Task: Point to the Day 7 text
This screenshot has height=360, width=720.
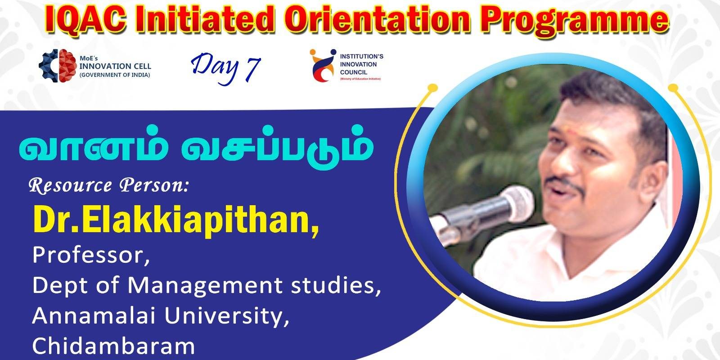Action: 225,68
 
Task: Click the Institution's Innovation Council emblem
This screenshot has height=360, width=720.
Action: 323,65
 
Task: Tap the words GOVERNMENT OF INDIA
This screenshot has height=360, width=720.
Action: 115,75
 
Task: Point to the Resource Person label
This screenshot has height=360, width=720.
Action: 108,186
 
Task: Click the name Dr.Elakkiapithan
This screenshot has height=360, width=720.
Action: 176,220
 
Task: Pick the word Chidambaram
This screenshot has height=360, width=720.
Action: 113,346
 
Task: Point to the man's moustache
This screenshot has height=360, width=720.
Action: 566,183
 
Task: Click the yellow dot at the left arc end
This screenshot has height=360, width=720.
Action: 433,87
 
